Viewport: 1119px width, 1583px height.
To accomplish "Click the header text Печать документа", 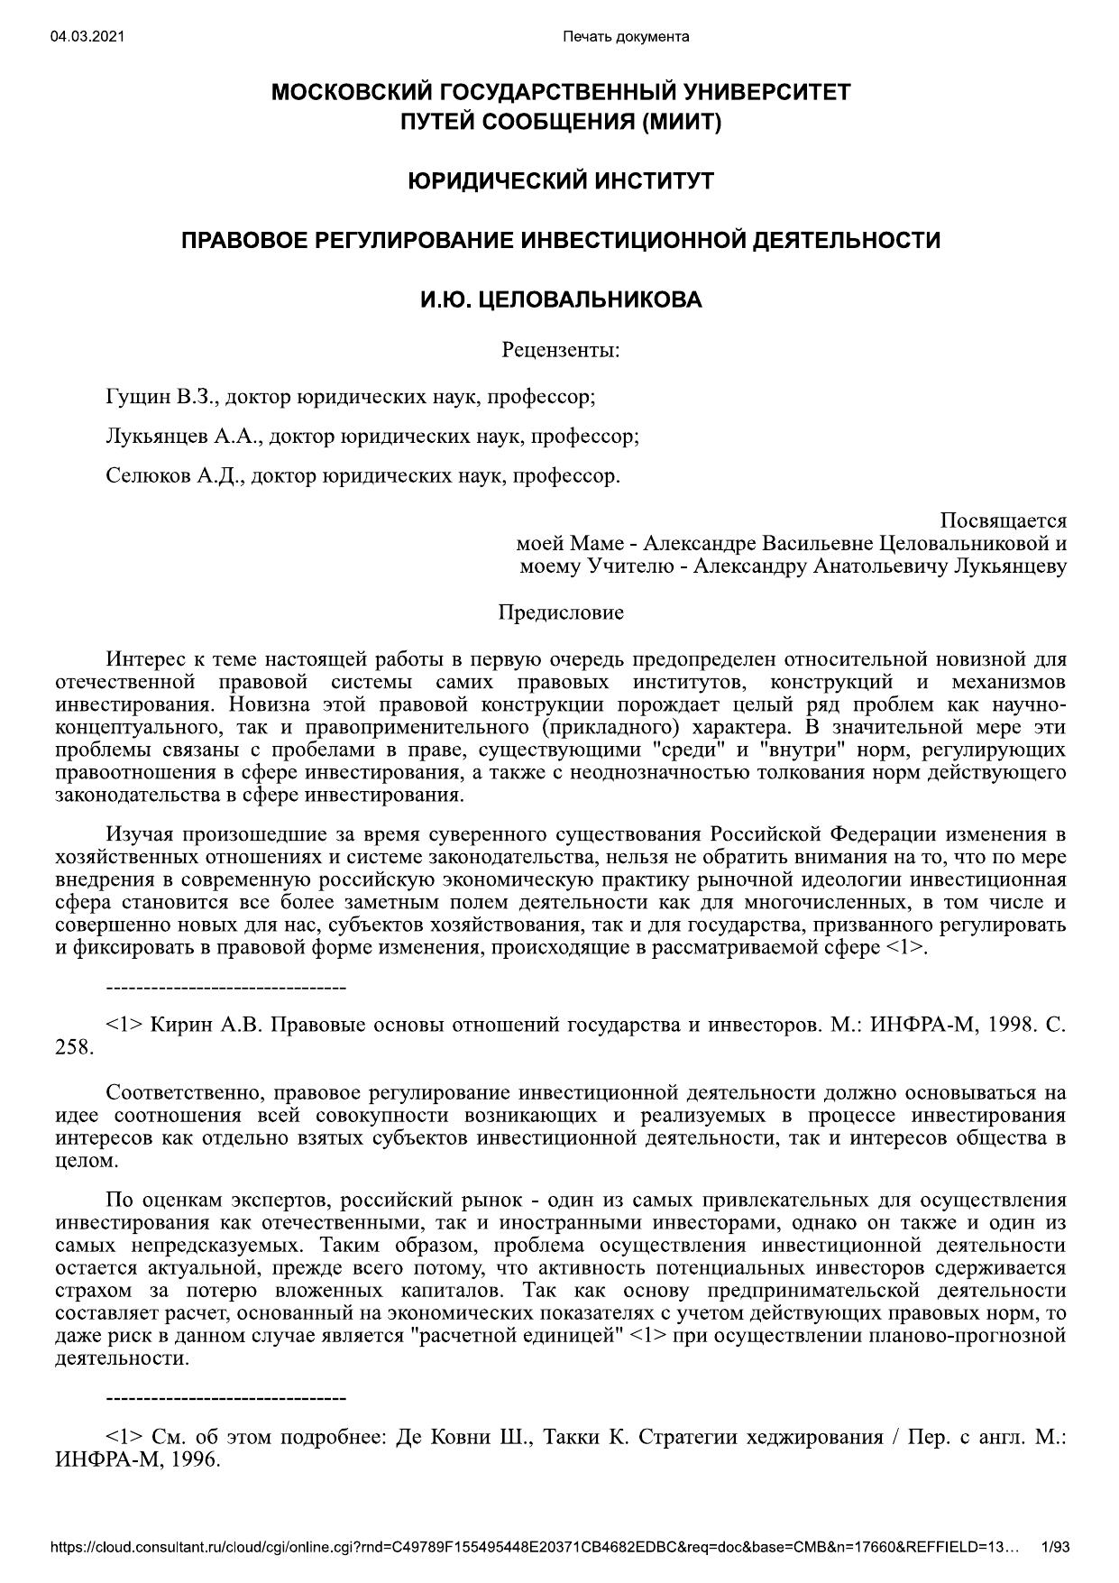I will coord(626,37).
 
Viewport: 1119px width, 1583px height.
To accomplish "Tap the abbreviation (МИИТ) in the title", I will coord(682,122).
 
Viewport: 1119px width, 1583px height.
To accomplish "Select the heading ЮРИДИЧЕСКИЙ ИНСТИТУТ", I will coord(560,181).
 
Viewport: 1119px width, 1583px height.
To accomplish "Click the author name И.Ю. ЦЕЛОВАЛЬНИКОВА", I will coord(560,299).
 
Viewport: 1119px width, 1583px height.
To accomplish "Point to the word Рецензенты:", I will coord(560,349).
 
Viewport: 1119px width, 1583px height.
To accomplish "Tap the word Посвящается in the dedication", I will coord(1003,520).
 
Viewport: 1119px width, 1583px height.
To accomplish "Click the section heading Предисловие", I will coord(560,613).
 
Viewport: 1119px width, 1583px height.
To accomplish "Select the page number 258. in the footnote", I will coord(74,1047).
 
